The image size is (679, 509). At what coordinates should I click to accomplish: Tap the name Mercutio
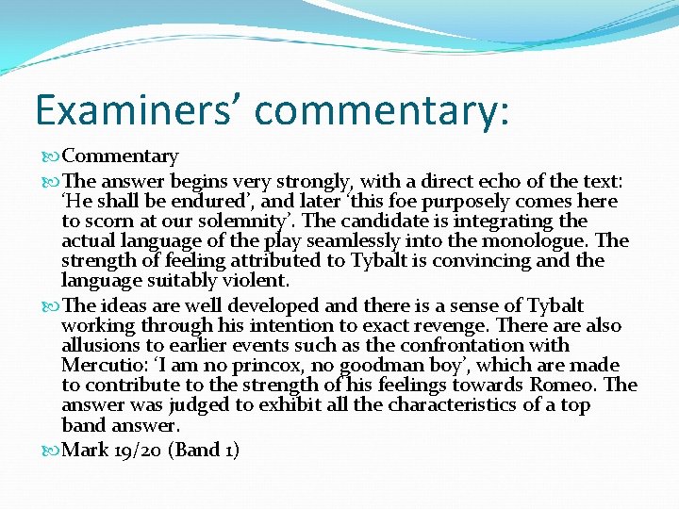pos(101,366)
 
